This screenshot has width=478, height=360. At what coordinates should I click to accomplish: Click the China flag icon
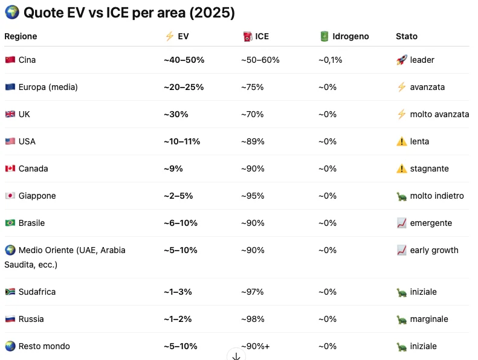(10, 60)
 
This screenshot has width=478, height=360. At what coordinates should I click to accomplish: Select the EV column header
(183, 36)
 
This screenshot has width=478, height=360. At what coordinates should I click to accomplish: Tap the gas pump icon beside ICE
(248, 36)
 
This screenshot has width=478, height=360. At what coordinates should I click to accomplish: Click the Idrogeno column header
(350, 36)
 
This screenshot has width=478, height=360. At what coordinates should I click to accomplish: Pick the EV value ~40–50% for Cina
(184, 60)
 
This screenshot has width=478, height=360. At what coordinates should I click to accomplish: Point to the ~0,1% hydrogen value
(330, 60)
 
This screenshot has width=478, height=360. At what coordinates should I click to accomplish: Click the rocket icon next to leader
(401, 60)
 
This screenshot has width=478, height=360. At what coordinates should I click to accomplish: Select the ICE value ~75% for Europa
(252, 87)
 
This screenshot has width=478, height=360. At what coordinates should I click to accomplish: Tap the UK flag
(10, 114)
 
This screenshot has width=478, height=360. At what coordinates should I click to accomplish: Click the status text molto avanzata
(439, 114)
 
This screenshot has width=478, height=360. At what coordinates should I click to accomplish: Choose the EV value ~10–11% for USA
(182, 141)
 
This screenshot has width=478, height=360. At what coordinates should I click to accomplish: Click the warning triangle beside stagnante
(401, 169)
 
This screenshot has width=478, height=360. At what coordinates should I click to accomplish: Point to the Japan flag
(10, 196)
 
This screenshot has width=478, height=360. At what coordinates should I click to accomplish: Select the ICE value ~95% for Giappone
(253, 196)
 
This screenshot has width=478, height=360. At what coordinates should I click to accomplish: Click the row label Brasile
(31, 223)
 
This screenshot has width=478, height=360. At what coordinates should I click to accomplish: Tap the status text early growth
(434, 250)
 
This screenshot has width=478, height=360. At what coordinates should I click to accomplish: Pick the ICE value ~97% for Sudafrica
(252, 292)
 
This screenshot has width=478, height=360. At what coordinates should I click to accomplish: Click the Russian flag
(10, 319)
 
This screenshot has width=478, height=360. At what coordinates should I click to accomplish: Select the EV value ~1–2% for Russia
(178, 319)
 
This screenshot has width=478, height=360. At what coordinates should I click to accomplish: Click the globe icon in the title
(12, 12)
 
